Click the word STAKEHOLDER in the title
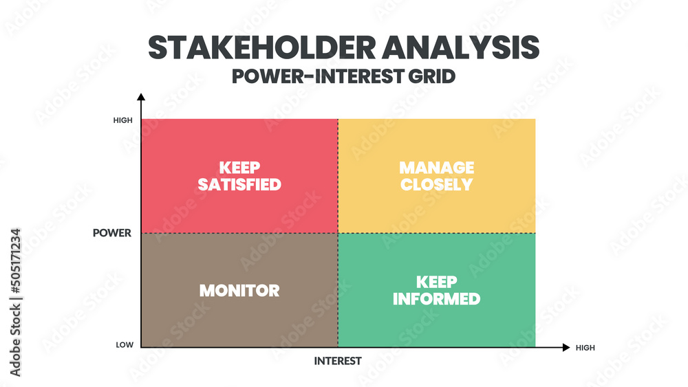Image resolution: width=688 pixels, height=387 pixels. (260, 47)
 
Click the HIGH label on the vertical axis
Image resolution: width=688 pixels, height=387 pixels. (122, 120)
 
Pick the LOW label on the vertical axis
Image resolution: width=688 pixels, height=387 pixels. (125, 345)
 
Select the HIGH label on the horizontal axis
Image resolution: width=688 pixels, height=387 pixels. (585, 348)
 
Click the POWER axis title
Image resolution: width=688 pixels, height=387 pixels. (112, 233)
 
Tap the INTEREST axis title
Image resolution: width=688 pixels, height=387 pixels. (338, 361)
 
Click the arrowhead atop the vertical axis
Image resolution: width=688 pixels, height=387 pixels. (141, 97)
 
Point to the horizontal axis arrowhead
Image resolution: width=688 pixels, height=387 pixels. (566, 347)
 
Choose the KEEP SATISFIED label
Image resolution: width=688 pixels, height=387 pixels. (239, 176)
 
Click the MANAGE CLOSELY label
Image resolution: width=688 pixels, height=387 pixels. (437, 176)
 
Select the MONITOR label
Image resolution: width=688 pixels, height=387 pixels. (239, 290)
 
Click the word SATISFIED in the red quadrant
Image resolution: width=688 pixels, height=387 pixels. (239, 185)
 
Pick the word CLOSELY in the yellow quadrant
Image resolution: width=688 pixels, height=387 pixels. (437, 185)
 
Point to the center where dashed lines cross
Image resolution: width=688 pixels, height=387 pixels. (338, 233)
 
